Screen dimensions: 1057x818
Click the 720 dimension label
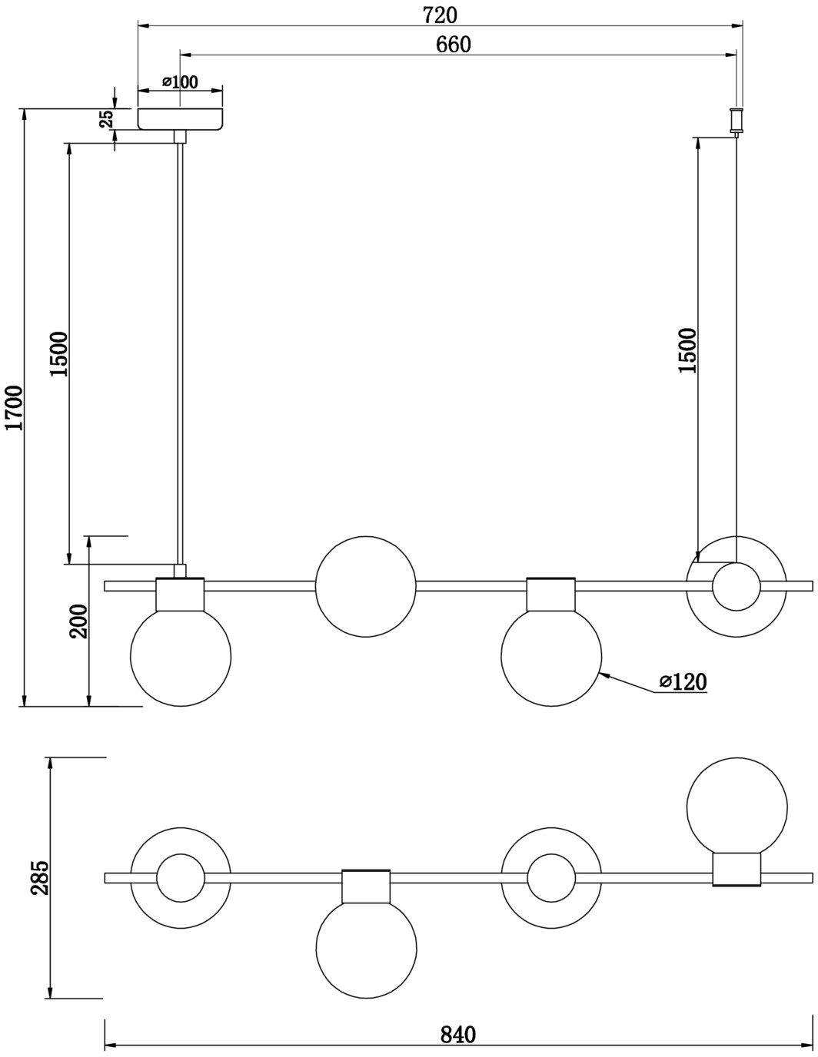tap(440, 15)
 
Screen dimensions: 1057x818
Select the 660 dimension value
tap(454, 45)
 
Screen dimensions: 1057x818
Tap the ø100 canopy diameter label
tap(181, 82)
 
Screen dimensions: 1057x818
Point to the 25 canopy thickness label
tap(105, 118)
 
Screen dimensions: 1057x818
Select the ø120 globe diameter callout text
tap(683, 681)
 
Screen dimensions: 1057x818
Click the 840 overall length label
tap(458, 1035)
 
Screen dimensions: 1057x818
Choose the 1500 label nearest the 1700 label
tap(59, 354)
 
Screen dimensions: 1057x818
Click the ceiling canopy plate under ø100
tap(181, 119)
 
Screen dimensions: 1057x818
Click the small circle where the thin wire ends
tap(737, 587)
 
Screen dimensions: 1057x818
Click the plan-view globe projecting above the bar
tap(737, 804)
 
